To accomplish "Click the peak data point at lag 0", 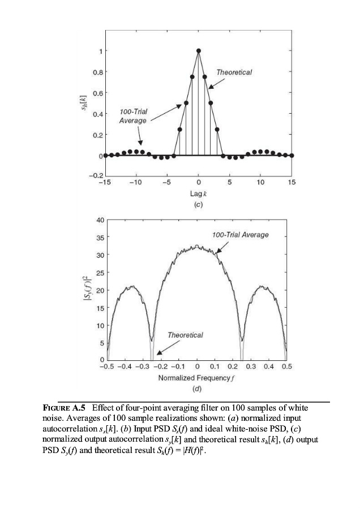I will pos(198,51).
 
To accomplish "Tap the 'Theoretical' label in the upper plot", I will pos(234,72).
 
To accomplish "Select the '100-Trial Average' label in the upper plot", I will pos(133,117).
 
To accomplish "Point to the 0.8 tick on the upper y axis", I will pos(98,72).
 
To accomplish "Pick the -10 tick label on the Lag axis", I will pos(135,183).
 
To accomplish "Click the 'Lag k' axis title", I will pos(198,193).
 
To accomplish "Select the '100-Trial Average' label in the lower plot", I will pos(240,235).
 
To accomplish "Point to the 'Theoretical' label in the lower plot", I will pos(185,335).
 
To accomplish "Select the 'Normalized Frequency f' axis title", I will pos(196,377).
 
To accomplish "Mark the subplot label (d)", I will pos(196,389).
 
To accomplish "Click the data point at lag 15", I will pos(292,155).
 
